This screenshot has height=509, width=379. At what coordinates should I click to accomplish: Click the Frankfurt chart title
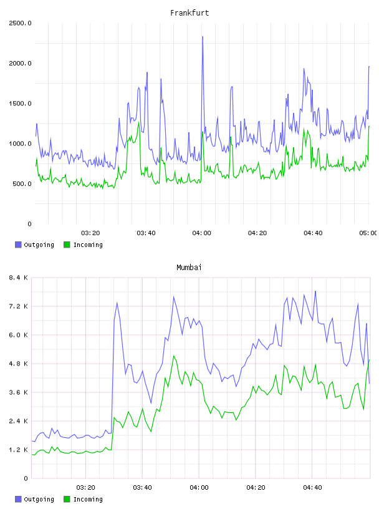(189, 13)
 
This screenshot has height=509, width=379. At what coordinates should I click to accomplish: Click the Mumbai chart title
(189, 268)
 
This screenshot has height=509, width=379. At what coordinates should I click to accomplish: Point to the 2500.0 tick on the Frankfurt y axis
(20, 23)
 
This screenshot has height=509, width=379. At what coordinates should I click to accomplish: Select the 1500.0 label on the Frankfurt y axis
(20, 104)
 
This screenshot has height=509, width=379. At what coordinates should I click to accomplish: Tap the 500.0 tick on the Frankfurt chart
(22, 184)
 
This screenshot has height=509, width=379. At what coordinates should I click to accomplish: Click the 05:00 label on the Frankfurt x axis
(368, 233)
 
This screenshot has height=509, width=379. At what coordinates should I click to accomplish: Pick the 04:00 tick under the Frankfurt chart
(201, 233)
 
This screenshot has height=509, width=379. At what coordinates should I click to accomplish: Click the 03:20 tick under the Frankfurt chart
(90, 233)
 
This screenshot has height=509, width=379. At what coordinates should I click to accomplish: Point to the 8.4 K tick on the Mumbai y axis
(18, 278)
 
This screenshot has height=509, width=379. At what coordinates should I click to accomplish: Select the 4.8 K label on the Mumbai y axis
(18, 364)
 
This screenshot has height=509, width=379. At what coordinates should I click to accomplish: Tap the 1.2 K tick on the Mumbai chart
(18, 450)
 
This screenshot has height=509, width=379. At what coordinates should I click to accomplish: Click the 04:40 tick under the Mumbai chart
(312, 488)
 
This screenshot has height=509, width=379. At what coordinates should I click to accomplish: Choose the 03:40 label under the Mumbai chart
(142, 488)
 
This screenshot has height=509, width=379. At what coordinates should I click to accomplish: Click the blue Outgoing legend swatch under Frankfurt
(18, 245)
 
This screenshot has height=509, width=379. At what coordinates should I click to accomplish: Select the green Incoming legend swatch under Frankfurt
(67, 245)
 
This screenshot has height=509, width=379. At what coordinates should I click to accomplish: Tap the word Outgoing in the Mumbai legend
(39, 499)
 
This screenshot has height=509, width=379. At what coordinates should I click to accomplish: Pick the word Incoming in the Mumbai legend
(88, 499)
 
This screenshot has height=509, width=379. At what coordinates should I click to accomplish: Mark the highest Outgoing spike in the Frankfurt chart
(203, 37)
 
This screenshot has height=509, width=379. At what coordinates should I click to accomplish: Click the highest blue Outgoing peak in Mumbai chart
(315, 291)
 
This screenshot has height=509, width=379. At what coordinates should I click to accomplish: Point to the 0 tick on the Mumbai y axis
(26, 478)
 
